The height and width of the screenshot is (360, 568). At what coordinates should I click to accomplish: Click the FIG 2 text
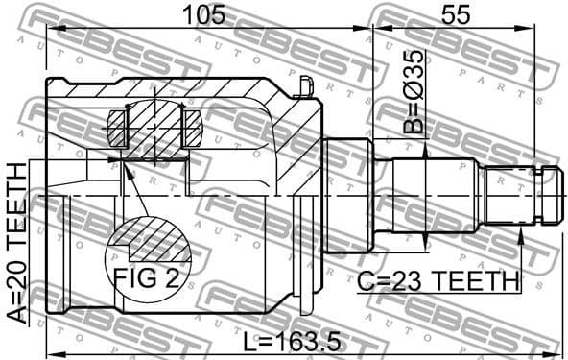coord(146,278)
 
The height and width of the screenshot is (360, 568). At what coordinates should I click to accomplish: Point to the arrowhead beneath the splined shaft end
coord(520,236)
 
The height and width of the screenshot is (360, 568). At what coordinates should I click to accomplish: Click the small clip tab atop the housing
coord(305,87)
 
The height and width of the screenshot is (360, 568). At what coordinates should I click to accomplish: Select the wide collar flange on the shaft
coord(347,196)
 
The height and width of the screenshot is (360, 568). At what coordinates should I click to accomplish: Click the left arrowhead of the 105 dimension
coord(51,30)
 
